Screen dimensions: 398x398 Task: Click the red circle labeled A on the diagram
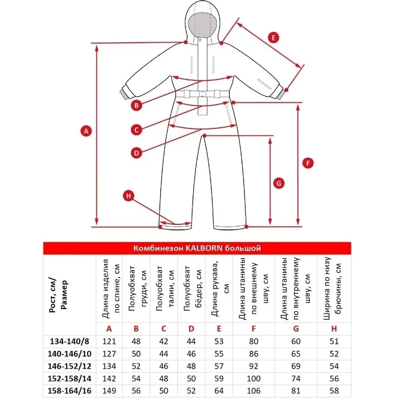tap(86, 130)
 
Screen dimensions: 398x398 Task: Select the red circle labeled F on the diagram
tap(308, 163)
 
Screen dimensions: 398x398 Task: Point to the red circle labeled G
tap(278, 183)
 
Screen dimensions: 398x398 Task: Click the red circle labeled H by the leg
tap(128, 196)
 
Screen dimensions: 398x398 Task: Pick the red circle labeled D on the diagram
tap(137, 153)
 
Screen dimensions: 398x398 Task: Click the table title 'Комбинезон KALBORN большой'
tap(197, 248)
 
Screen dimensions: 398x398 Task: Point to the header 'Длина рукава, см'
tap(218, 290)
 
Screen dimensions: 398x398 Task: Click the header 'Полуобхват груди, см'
tap(136, 290)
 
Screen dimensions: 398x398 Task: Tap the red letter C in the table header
tap(164, 329)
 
